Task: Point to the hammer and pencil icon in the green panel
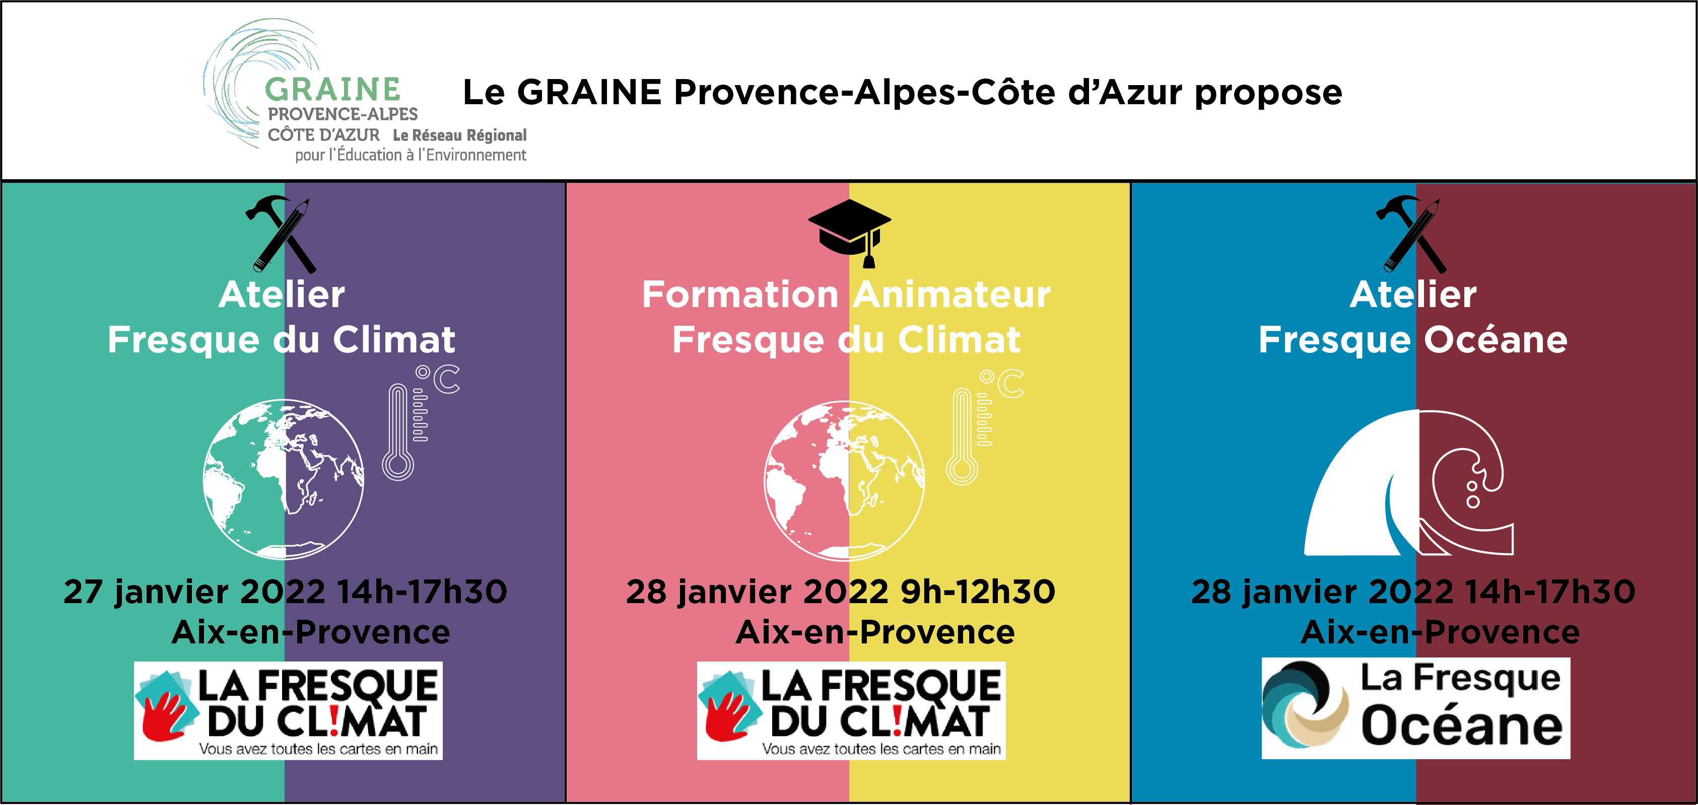coord(280,234)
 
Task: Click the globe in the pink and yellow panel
coord(844,481)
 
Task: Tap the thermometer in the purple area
coord(398,432)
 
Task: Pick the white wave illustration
coord(1409,483)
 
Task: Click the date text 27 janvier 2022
coord(194,592)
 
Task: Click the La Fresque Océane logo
coord(1416,708)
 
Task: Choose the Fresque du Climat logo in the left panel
coord(288,711)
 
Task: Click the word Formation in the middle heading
coord(740,294)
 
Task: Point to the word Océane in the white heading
coord(1496,340)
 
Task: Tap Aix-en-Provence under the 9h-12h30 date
coord(875,632)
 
